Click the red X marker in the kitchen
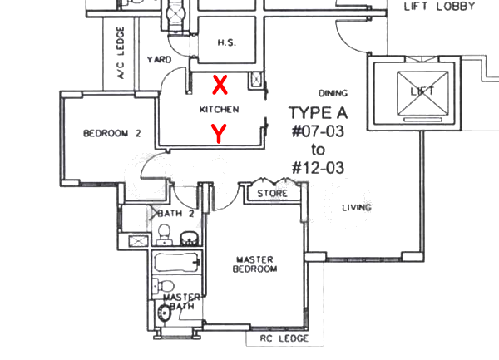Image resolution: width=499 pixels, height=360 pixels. pos(220,85)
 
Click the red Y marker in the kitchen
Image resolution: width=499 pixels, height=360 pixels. pos(219,134)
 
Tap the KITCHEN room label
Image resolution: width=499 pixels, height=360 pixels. pos(219,110)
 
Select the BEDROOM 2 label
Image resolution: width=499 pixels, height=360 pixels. pos(112,133)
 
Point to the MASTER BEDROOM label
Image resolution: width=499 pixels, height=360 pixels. pos(254,264)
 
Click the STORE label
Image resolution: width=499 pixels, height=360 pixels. pos(273,194)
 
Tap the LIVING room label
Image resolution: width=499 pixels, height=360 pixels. pos(357,208)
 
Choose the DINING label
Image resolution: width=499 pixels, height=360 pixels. pos(333,93)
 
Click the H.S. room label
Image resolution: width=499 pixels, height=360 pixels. pos(227,42)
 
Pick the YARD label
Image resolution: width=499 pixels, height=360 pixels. pos(159,60)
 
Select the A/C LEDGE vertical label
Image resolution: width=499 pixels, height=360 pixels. pos(121,52)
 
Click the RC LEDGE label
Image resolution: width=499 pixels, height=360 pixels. pos(284,338)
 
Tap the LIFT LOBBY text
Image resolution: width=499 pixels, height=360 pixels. pos(439,7)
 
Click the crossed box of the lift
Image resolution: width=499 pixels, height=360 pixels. pos(422,92)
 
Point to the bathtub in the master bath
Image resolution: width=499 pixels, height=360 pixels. pos(177,263)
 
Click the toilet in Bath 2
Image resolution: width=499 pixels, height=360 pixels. pos(164,234)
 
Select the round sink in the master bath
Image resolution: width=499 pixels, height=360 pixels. pos(164,313)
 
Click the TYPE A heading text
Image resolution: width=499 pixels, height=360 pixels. pos(318,113)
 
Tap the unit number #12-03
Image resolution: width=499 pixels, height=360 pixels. pos(318,168)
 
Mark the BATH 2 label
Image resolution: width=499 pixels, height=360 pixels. pos(175,214)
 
